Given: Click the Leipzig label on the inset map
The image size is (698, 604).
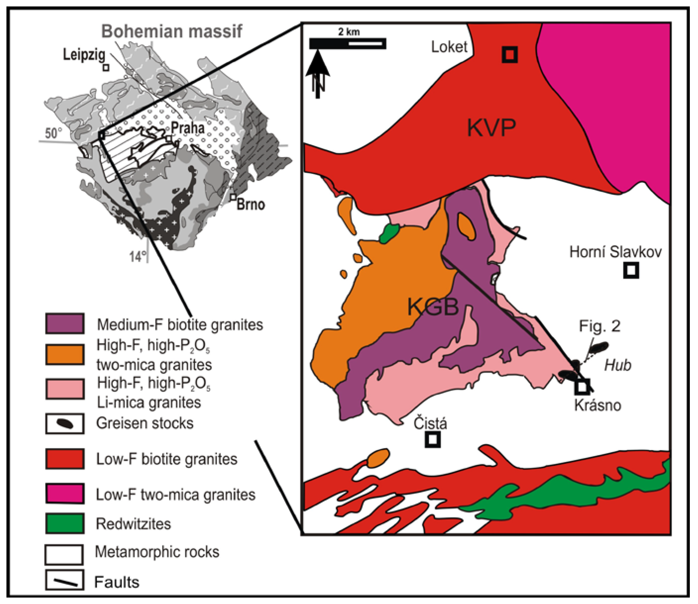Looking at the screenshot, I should coord(84,55).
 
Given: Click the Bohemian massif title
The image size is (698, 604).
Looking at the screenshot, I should coord(172,31).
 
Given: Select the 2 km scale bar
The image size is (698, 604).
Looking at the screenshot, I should coord(348,43).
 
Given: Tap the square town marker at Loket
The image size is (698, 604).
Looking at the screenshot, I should coord(510,54).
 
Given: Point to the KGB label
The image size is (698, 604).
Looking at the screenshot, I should coord(433,307).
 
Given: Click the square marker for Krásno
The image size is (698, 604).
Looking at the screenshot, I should coord(582,387).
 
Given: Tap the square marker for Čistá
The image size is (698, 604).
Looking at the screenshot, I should coord(433,439).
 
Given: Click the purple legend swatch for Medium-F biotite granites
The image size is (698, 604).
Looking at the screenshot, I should coord(65,323).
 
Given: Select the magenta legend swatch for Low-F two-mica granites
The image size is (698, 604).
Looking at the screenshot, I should coord(65,493).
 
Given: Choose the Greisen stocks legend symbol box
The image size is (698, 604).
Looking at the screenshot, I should coord(65,423).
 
